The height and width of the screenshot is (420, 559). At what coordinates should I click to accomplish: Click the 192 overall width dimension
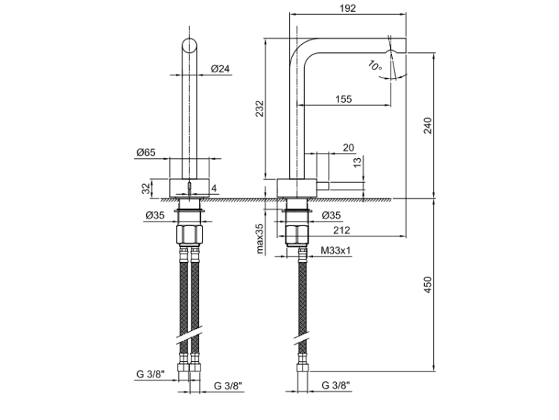[x=347, y=8]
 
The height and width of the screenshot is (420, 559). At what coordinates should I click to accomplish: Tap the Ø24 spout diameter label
[x=220, y=69]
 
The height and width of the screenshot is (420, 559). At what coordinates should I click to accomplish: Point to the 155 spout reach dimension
[x=344, y=98]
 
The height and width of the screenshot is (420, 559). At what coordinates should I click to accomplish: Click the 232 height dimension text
[x=259, y=109]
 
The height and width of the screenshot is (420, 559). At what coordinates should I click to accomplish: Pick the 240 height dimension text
[x=427, y=125]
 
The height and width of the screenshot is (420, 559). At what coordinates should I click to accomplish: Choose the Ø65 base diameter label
[x=146, y=152]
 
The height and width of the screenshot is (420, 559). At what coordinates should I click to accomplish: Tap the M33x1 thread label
[x=336, y=251]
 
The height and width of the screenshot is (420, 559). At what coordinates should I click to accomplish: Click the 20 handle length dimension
[x=348, y=148]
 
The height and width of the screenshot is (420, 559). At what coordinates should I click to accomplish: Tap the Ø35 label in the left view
[x=156, y=217]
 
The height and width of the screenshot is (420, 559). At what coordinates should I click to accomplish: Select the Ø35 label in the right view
[x=332, y=216]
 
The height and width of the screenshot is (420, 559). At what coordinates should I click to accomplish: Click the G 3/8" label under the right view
[x=337, y=386]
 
